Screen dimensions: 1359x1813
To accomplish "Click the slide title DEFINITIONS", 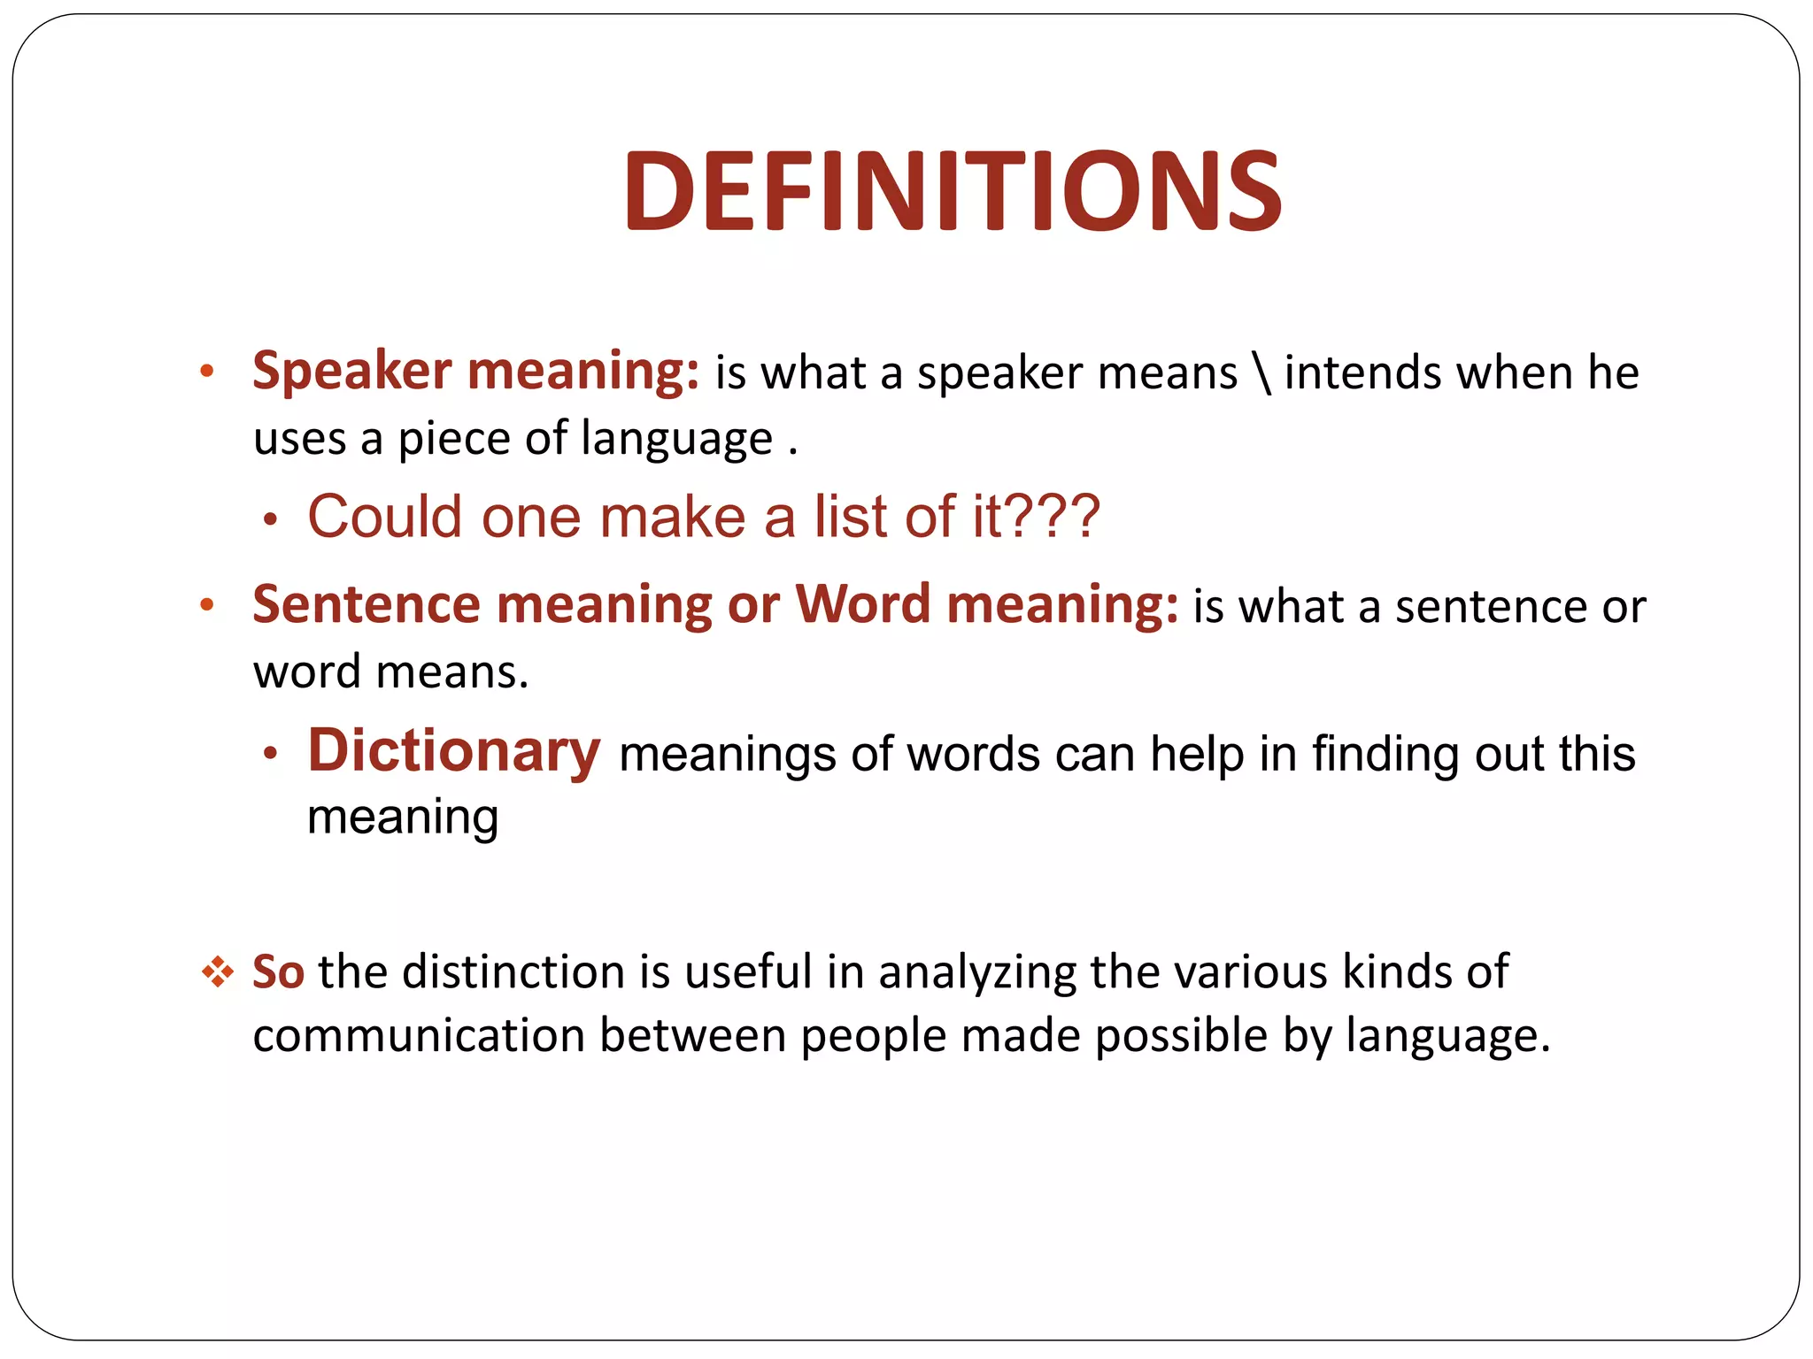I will [953, 192].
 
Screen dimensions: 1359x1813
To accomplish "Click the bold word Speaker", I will [351, 370].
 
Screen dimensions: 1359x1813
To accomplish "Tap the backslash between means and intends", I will [1262, 372].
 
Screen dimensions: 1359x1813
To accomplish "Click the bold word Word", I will [862, 605].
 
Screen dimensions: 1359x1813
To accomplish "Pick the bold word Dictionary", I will [454, 751].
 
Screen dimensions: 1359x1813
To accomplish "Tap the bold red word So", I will [278, 971].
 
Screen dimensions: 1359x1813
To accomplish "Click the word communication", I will [419, 1036].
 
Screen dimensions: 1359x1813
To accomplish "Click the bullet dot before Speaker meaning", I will [207, 372].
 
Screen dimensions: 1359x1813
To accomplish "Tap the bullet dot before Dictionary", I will [271, 754].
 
